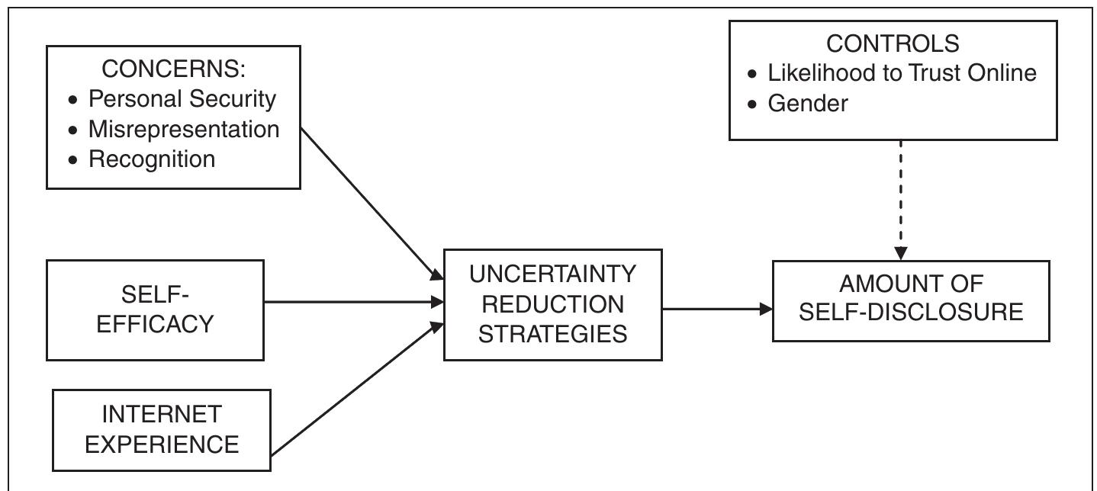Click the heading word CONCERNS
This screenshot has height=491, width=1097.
pos(173,69)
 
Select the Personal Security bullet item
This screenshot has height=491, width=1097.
pos(182,99)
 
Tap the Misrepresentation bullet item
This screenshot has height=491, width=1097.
pos(184,129)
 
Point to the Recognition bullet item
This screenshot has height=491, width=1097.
pos(152,159)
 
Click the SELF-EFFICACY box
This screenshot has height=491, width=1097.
pos(155,310)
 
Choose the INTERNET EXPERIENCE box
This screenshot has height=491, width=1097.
pos(162,429)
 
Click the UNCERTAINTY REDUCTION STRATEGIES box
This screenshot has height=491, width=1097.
pos(552,304)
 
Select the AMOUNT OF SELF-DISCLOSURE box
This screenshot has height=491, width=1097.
pos(911,300)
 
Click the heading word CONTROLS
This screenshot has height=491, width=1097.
pos(893,43)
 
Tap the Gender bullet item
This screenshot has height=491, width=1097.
pos(807,103)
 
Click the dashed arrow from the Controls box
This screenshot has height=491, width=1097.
pos(901,198)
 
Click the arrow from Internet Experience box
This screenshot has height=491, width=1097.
pos(355,389)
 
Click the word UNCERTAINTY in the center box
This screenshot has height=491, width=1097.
pos(552,274)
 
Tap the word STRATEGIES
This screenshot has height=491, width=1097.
pos(552,333)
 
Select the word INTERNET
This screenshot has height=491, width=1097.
pos(162,414)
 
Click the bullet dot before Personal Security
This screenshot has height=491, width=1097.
pos(73,101)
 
